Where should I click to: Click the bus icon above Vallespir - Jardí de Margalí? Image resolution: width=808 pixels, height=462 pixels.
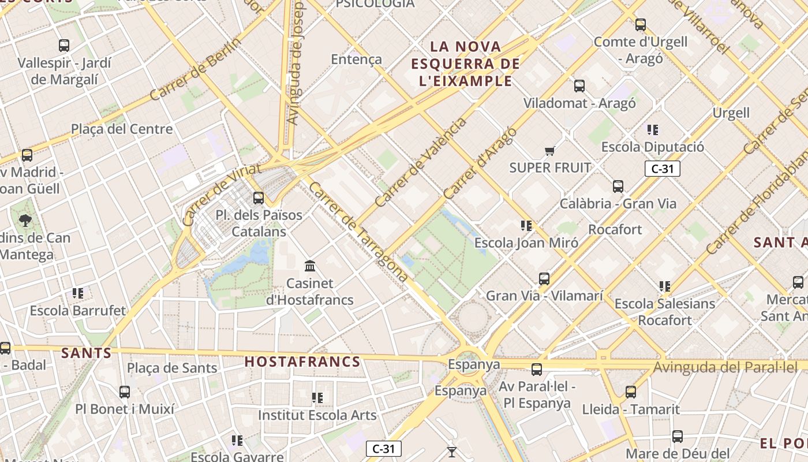pos(64,45)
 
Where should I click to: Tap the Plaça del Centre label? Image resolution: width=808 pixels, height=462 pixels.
pos(122,129)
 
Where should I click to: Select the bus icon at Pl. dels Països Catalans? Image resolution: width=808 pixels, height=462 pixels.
pos(259,198)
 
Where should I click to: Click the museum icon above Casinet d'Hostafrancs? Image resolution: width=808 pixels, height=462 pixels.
pos(310,266)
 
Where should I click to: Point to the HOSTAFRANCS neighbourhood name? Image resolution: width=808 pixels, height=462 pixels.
pos(302,362)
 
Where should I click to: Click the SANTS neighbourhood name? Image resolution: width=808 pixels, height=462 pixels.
pos(86,353)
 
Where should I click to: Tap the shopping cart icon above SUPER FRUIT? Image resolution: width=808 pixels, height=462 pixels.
pos(549,151)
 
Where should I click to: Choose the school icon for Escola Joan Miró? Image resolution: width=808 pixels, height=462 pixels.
pos(526,225)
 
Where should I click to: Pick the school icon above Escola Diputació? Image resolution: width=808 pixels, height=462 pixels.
pos(653,130)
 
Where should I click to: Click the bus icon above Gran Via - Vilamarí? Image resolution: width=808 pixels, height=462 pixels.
pos(544,279)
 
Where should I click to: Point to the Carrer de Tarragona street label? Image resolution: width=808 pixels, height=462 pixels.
pos(358,232)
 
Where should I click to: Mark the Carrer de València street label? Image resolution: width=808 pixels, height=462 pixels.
pos(420,162)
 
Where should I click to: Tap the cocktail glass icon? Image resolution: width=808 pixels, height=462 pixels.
pos(452,452)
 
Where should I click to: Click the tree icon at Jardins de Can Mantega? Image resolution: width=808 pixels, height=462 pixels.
pos(25,220)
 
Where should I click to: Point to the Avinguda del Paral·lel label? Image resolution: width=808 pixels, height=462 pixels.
pos(725,367)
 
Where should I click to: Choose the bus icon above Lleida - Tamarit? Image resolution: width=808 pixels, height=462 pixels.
pos(631,392)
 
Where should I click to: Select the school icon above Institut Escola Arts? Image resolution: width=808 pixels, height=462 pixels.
pos(317,398)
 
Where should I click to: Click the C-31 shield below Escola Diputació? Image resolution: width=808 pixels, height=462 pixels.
pos(662,169)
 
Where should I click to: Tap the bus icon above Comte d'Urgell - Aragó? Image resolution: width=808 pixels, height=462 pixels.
pos(640,25)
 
